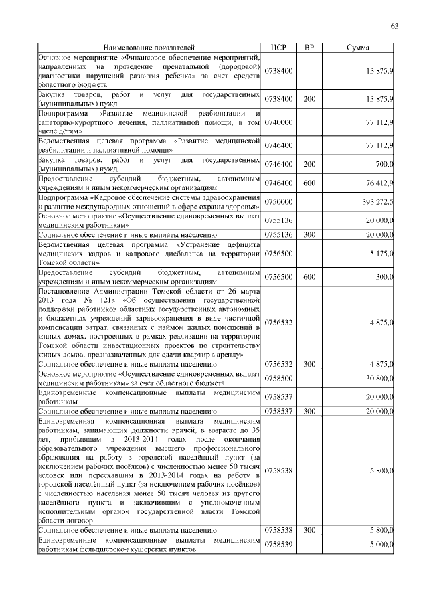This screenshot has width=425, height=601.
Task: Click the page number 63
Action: (x=394, y=26)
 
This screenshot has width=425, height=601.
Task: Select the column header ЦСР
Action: (x=278, y=48)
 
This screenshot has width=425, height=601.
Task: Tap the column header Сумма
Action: (x=359, y=48)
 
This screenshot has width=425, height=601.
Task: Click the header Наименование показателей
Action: (x=149, y=48)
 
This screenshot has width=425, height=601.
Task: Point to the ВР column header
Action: (x=309, y=48)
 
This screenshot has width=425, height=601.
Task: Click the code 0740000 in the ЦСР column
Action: (x=278, y=123)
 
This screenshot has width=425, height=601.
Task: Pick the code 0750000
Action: (x=278, y=201)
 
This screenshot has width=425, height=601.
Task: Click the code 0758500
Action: (x=278, y=379)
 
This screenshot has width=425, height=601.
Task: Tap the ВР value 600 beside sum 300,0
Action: (x=309, y=277)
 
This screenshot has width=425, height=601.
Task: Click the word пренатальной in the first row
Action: (x=177, y=67)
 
